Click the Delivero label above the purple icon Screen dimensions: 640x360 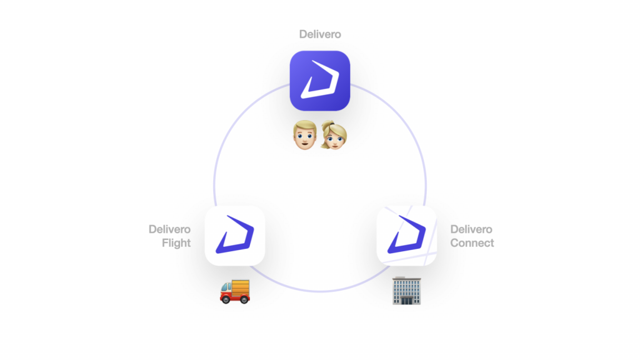(x=320, y=34)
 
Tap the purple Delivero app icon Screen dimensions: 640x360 (x=320, y=81)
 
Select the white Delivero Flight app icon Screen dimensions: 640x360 (x=235, y=236)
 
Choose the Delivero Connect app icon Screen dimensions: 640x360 (x=406, y=236)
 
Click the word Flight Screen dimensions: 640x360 (x=176, y=243)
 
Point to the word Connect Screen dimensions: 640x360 (x=472, y=243)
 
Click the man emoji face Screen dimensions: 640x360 (x=305, y=135)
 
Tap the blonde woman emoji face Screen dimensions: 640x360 (x=334, y=136)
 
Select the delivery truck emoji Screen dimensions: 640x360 (x=235, y=291)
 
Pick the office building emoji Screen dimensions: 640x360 (x=406, y=291)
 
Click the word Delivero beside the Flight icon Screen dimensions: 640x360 (x=169, y=229)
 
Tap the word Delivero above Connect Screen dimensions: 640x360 (x=471, y=229)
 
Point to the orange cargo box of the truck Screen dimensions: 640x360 (x=241, y=287)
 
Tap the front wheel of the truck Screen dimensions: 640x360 (x=225, y=301)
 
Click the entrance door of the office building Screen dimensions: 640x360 (x=406, y=301)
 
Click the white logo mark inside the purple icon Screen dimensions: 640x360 (x=320, y=79)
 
